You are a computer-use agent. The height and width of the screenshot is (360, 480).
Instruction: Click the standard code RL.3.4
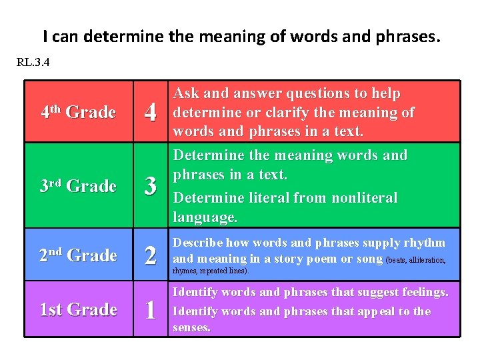click(33, 64)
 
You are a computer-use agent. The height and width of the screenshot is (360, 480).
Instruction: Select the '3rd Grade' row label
click(78, 186)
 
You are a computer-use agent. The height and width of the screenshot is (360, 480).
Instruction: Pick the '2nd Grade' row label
click(78, 255)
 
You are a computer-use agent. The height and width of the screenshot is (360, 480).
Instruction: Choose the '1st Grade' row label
click(78, 310)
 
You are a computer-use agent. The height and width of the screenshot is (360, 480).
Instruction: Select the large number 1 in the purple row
click(151, 310)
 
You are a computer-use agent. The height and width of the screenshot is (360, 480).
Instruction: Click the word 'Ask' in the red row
click(187, 94)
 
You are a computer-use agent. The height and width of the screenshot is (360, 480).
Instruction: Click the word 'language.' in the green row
click(205, 217)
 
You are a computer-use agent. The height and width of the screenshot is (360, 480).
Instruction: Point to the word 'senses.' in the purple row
click(192, 328)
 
